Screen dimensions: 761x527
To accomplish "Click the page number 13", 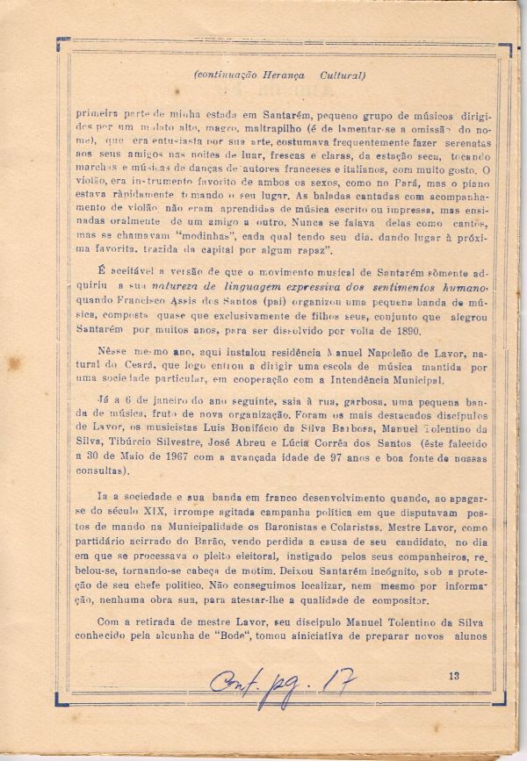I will tap(453, 676).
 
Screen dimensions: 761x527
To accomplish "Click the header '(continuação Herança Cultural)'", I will tap(279, 75).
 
